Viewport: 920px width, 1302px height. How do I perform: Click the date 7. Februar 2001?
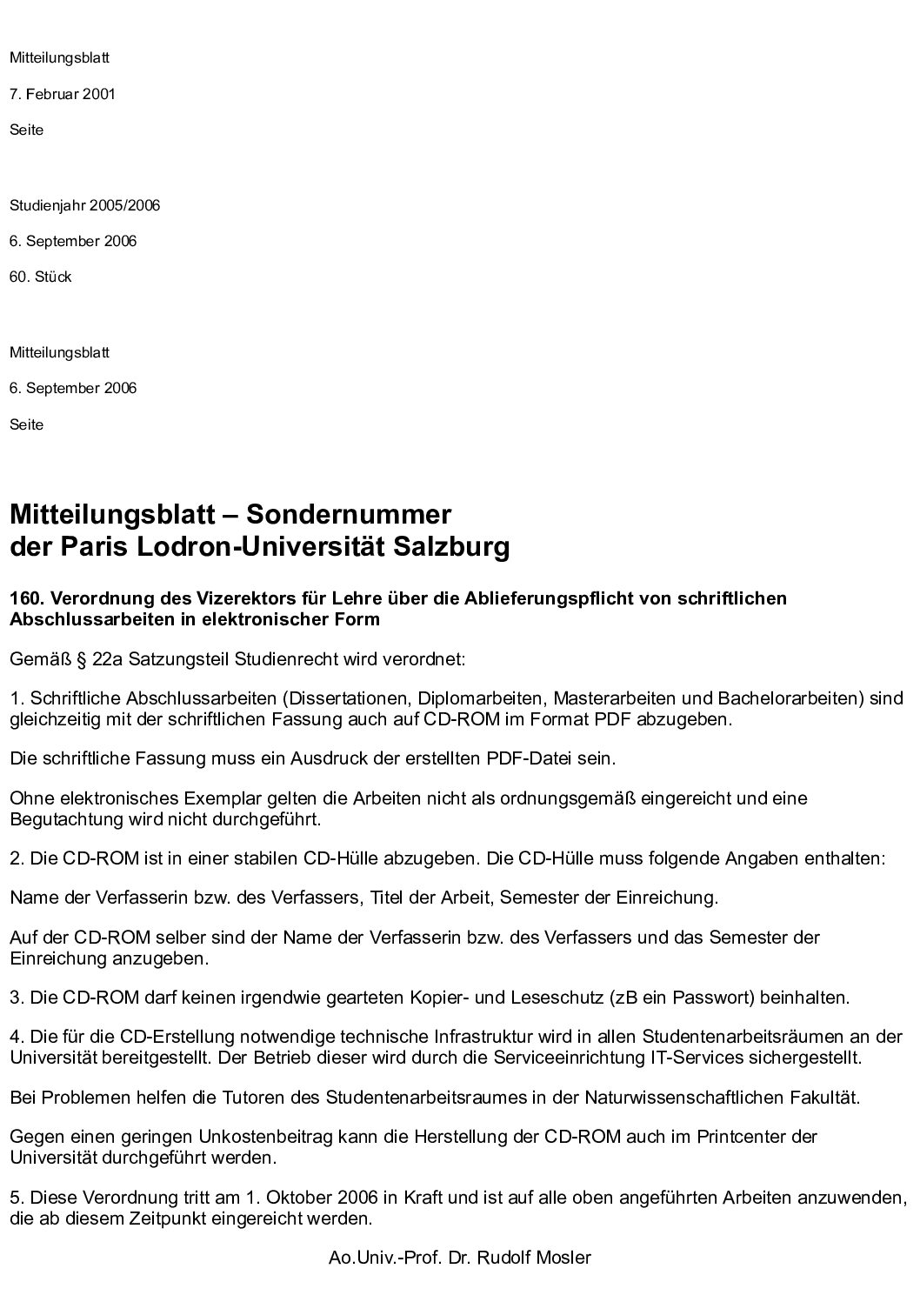[62, 94]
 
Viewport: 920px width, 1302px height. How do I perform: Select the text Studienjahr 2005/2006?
[84, 205]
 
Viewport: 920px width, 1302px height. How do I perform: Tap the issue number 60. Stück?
[40, 277]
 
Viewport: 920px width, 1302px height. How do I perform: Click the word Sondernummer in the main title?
[349, 514]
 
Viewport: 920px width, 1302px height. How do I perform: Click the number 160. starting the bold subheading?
[25, 598]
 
